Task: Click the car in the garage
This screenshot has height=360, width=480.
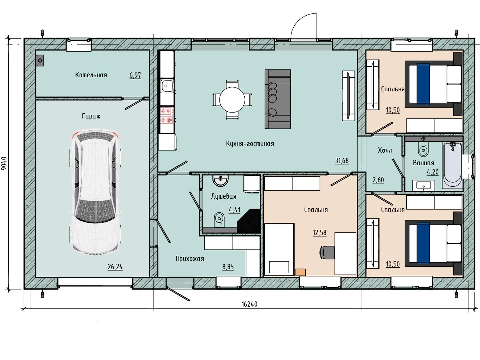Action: pos(96,192)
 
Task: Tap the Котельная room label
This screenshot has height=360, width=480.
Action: pos(91,75)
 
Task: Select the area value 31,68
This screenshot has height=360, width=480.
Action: pos(342,161)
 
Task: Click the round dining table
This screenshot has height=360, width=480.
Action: pos(232,100)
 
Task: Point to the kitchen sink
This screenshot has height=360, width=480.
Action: pos(167,86)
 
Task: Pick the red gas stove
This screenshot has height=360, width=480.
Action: pos(167,115)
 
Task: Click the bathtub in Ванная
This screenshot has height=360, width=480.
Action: pos(452,165)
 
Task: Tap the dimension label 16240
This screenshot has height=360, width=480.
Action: pos(249,304)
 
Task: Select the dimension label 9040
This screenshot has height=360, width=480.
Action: pos(4,163)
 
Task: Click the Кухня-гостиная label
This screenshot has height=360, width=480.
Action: pos(250,144)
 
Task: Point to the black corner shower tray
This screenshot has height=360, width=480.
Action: pos(249,221)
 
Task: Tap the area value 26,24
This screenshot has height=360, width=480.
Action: pos(115,267)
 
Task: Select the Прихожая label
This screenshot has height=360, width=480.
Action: pos(190,259)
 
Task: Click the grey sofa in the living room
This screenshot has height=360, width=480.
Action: pos(278,99)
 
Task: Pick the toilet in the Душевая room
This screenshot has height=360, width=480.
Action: pos(219,219)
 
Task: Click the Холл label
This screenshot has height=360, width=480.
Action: pos(385,150)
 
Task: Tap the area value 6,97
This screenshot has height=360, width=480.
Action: pos(135,75)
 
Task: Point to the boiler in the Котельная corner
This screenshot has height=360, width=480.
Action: pos(40,60)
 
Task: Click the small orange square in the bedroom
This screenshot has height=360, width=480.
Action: pos(300,272)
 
